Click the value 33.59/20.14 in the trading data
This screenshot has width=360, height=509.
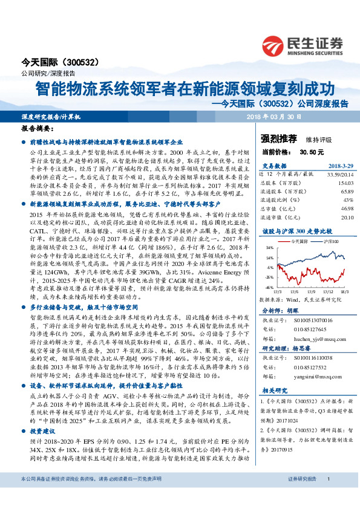(340, 173)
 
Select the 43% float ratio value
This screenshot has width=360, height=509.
(348, 199)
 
